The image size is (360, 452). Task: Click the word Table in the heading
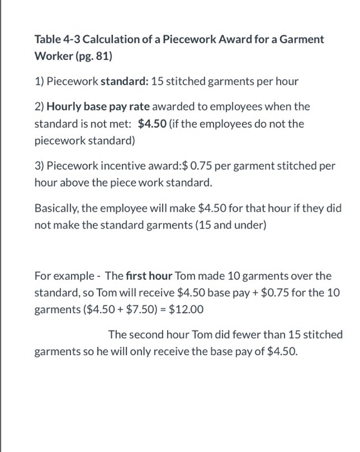pyautogui.click(x=47, y=39)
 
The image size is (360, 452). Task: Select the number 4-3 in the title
pyautogui.click(x=72, y=39)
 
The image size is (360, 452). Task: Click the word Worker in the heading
pyautogui.click(x=52, y=56)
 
